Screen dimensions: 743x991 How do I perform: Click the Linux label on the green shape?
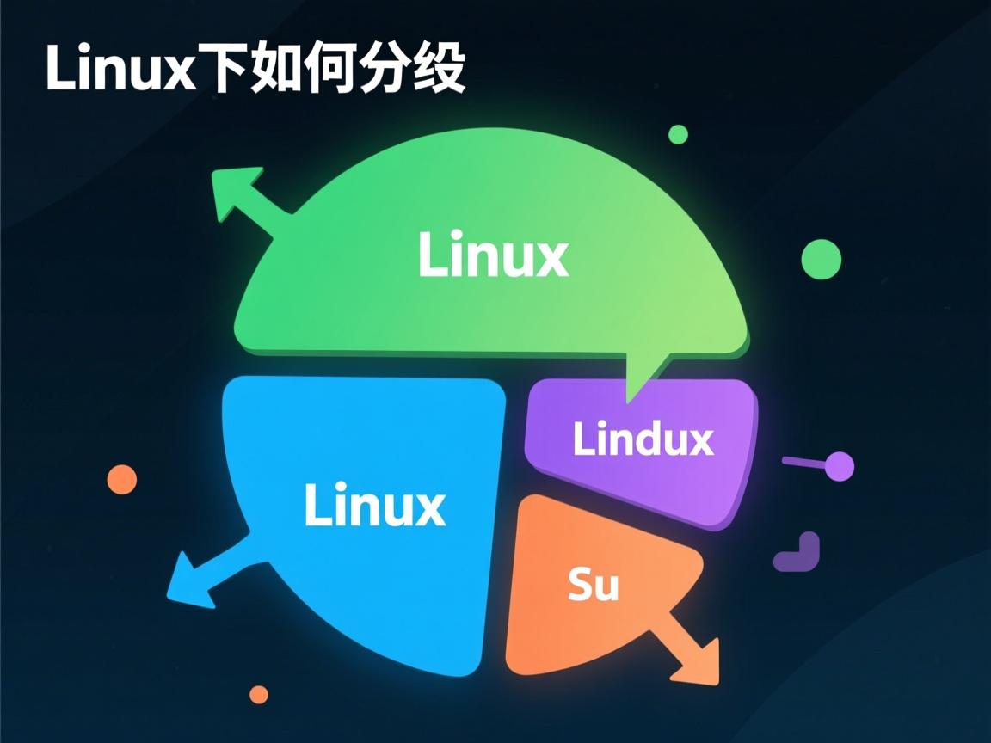pos(493,255)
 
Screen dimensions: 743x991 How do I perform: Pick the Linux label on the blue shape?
pos(375,505)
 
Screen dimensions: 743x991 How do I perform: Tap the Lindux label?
pos(643,439)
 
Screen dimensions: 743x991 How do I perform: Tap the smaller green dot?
pos(678,134)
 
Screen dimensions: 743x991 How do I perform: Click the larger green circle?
pos(821,259)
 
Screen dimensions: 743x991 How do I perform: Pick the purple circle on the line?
pos(838,466)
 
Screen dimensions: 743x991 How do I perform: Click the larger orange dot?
pos(122,479)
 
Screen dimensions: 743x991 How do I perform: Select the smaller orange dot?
pos(258,694)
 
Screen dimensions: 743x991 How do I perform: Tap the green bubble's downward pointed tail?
pos(640,378)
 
